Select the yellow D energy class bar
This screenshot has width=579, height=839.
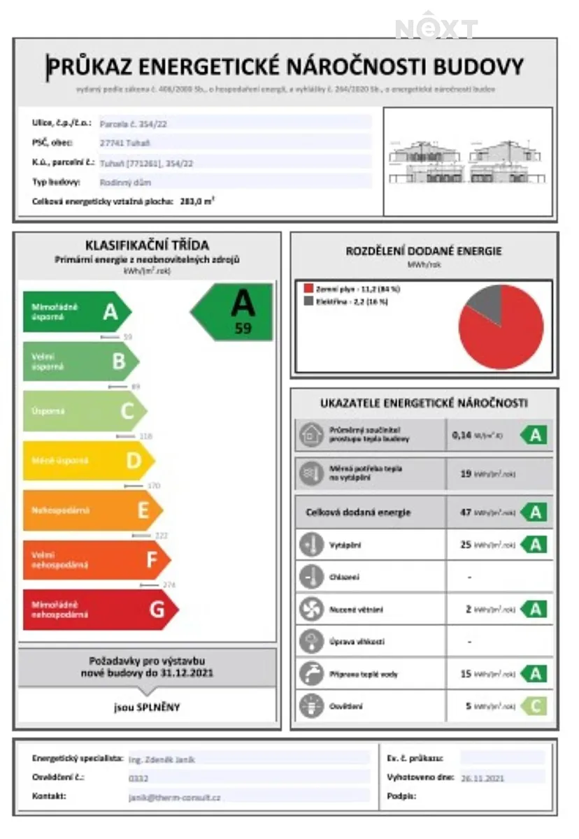click(87, 461)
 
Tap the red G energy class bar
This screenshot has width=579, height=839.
click(98, 610)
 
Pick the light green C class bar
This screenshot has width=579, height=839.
click(84, 411)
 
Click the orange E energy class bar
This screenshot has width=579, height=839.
click(91, 510)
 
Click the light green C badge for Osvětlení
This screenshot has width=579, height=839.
click(534, 706)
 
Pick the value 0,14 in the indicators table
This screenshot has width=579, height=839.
click(462, 435)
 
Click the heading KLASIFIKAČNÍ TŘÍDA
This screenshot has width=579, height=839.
click(147, 245)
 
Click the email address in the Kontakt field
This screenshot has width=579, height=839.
click(174, 796)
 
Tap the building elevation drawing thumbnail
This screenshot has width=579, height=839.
click(468, 162)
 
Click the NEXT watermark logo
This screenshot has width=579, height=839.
click(436, 28)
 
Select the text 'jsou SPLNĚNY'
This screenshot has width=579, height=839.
click(147, 707)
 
